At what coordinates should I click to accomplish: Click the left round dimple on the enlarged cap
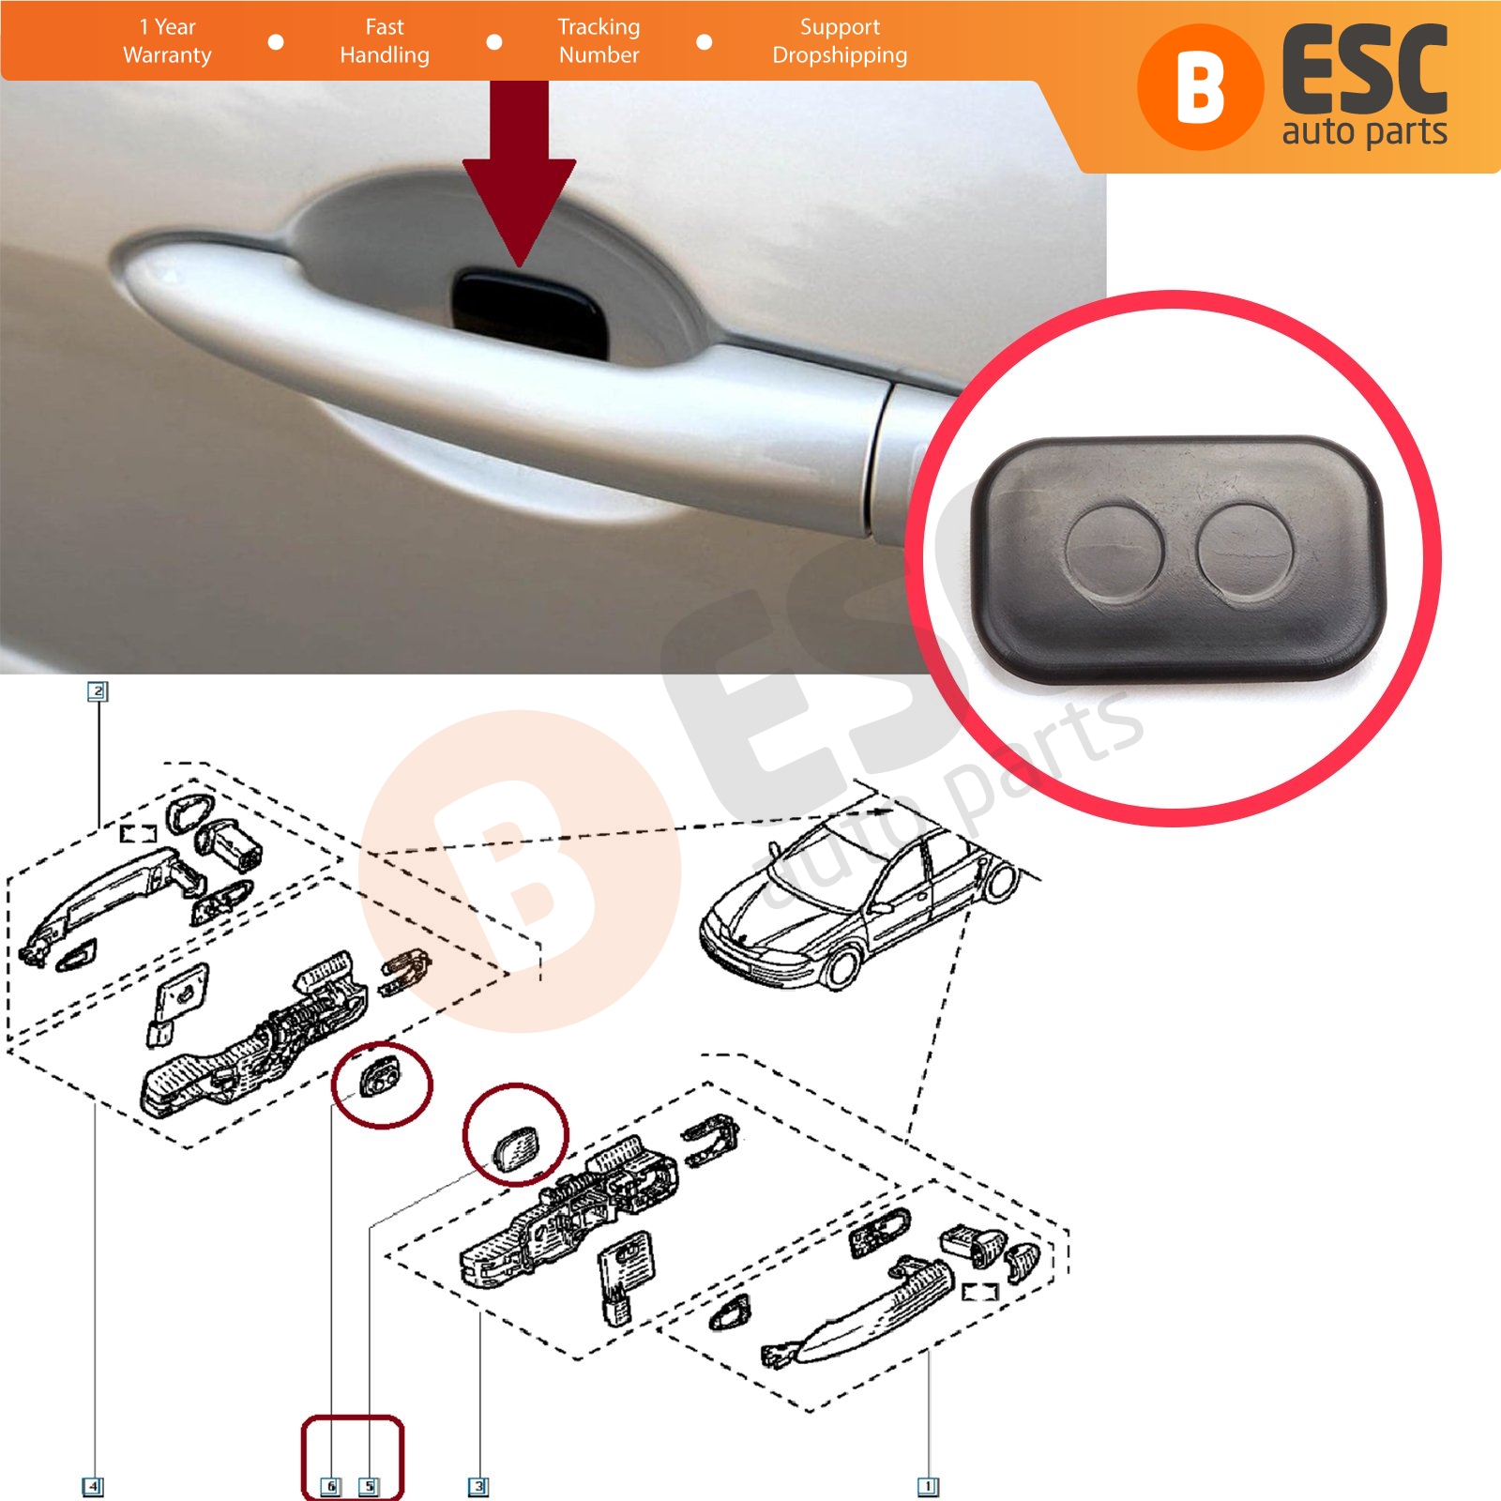point(1114,553)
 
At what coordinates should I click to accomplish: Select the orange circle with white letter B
point(1200,86)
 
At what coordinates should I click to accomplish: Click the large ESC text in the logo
point(1365,71)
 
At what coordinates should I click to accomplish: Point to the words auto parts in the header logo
point(1364,132)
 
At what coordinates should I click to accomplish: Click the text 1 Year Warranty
point(167,41)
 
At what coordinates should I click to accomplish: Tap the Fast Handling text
point(385,41)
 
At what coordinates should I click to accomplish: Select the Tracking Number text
point(599,41)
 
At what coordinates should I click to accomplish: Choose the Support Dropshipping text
point(840,41)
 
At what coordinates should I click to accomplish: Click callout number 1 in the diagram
point(927,1486)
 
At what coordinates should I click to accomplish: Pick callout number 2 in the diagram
point(98,691)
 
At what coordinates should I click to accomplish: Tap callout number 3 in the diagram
point(478,1486)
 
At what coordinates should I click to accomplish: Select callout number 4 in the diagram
point(93,1486)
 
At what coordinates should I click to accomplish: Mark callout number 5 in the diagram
point(369,1486)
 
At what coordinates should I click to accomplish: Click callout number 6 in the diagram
point(330,1486)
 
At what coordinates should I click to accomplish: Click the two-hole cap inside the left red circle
point(379,1076)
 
